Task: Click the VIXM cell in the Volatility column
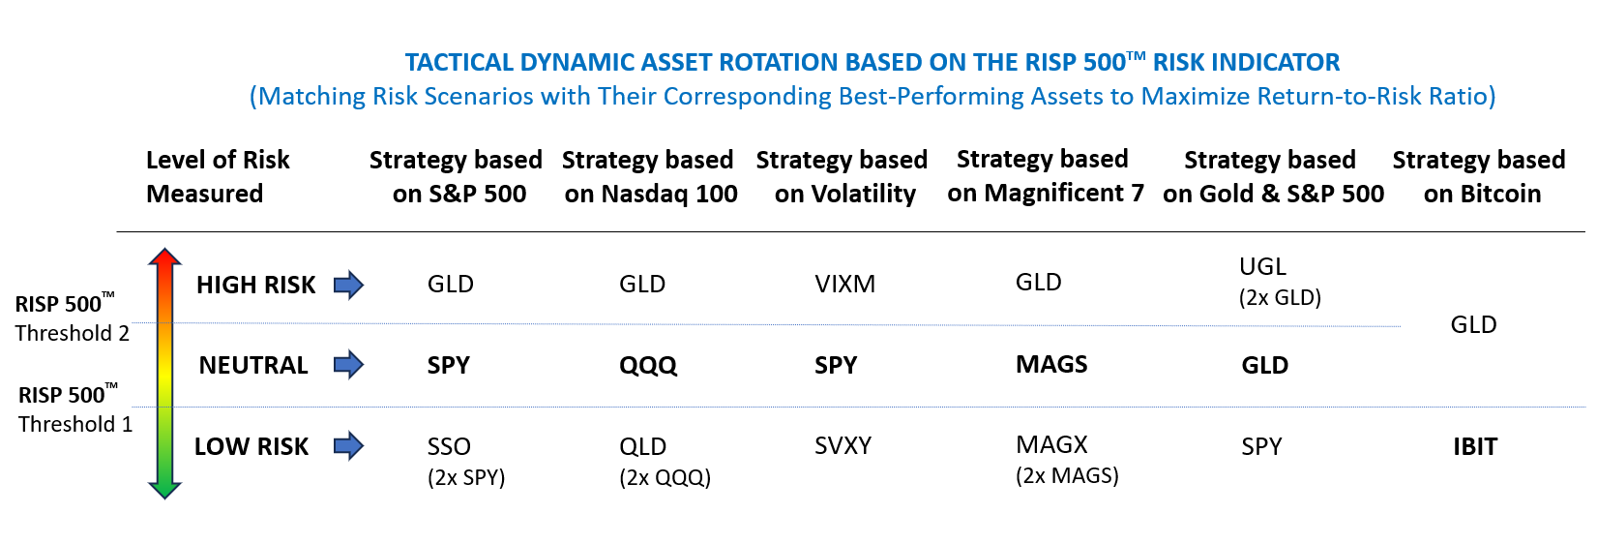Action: tap(844, 284)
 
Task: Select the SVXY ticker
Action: tap(843, 445)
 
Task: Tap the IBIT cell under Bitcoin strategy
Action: tap(1474, 446)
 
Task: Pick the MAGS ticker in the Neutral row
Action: tap(1050, 364)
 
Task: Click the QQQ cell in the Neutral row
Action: tap(648, 365)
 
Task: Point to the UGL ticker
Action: tap(1262, 266)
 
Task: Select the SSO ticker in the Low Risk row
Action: tap(449, 446)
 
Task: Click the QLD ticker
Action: tap(642, 446)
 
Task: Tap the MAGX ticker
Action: tap(1051, 444)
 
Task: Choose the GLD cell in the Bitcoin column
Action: tap(1473, 324)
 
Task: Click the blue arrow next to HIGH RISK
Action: tap(348, 285)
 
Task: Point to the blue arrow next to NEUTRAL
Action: tap(348, 365)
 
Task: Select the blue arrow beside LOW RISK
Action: tap(348, 446)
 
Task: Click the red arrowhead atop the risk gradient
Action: tap(165, 257)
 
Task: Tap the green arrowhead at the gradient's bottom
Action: tap(165, 489)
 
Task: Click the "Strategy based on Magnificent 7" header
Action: tap(1045, 176)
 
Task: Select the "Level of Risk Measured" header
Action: tap(218, 176)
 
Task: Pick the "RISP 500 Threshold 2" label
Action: tap(72, 318)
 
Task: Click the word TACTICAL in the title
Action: tap(458, 63)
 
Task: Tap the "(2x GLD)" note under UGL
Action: tap(1280, 297)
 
